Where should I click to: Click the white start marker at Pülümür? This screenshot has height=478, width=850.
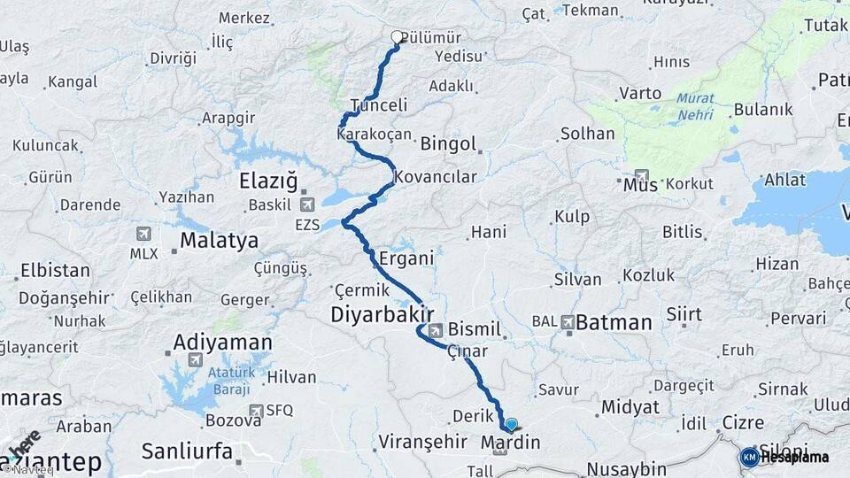(397, 37)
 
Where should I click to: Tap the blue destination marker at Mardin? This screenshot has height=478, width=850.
(511, 425)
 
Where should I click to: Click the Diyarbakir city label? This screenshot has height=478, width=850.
(382, 314)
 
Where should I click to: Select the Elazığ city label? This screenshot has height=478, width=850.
(268, 181)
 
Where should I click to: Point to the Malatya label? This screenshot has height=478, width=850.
(219, 240)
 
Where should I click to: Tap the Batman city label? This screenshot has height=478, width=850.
(613, 322)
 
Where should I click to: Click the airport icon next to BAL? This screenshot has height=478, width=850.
(567, 322)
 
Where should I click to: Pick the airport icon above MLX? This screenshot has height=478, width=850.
(143, 234)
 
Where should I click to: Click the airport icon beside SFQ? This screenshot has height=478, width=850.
(257, 410)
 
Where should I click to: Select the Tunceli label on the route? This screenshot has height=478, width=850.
(378, 105)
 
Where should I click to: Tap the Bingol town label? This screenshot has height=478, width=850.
(448, 143)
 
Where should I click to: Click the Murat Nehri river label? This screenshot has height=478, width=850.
(695, 107)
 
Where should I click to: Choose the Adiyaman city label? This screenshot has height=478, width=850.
(222, 342)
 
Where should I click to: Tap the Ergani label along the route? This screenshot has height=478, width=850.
(406, 259)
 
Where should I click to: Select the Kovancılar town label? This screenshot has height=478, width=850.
(435, 176)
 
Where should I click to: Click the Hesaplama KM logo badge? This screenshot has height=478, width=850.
(750, 457)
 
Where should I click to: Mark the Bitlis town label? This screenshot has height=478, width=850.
(682, 232)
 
